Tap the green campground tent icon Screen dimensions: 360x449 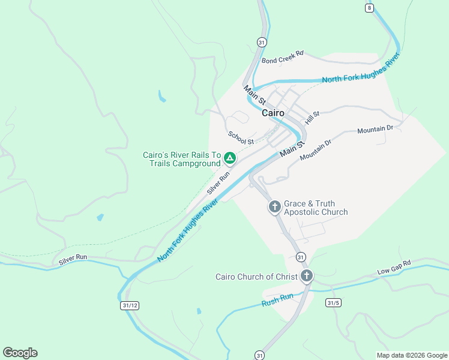[x=229, y=158]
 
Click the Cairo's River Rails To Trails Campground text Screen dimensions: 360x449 [x=182, y=159]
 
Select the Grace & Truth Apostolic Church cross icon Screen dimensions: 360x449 [x=274, y=207]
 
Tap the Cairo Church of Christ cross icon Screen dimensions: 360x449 [x=307, y=276]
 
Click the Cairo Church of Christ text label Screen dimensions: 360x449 [x=256, y=277]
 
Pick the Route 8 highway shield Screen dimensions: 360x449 [x=369, y=7]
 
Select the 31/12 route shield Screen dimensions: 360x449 [x=129, y=305]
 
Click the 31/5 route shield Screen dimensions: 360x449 [x=333, y=303]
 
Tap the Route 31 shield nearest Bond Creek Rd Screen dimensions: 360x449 [x=261, y=42]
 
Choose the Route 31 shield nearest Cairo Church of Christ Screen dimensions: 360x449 [x=301, y=257]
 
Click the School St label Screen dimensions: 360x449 [x=241, y=138]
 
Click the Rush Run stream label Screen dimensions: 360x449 [x=277, y=300]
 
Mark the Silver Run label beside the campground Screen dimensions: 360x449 [x=218, y=183]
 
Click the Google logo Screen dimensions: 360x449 [x=20, y=353]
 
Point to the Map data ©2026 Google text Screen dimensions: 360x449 [x=412, y=355]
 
